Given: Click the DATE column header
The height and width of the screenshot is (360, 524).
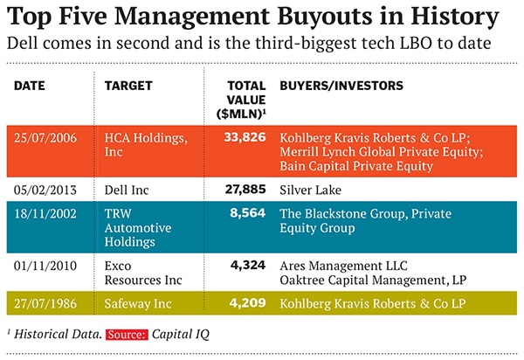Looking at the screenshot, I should click(x=30, y=86).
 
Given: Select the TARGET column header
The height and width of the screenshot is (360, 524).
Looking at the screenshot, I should click(x=128, y=86).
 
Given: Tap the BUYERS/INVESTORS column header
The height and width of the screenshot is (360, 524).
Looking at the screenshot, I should click(x=341, y=86).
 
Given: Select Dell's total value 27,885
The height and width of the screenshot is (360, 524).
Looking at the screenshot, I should click(x=244, y=189).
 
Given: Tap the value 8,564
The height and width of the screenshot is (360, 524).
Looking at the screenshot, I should click(x=248, y=214).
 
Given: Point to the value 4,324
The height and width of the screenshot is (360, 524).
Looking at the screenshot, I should click(x=248, y=266).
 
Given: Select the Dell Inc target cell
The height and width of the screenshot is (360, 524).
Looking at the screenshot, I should click(x=130, y=189).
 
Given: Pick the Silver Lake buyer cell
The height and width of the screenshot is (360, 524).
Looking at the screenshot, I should click(x=308, y=189).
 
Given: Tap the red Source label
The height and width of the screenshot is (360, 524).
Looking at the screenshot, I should click(x=126, y=333).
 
